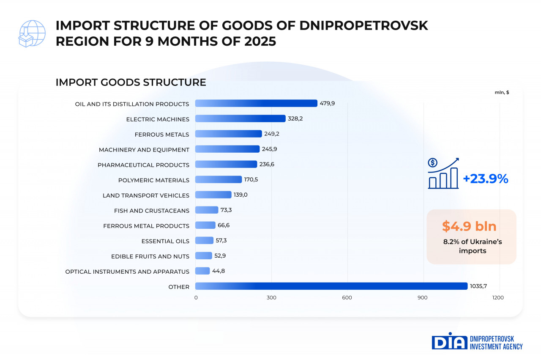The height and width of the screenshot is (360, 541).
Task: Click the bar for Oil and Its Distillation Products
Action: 256,103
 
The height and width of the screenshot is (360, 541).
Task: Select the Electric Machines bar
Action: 240,118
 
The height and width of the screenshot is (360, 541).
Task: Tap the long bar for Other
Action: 331,286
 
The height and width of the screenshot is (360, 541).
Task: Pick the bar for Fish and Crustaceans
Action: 207,210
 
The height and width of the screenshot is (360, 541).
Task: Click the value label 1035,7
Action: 478,286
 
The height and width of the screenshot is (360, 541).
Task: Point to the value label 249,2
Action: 272,134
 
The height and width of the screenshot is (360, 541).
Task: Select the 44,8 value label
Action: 218,271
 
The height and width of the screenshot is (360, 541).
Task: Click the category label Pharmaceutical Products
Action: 143,165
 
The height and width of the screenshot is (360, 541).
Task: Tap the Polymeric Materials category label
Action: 154,180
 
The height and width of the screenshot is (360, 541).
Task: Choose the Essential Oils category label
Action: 165,241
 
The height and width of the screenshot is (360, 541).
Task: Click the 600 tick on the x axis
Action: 347,298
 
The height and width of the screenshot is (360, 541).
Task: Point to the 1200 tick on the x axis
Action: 498,298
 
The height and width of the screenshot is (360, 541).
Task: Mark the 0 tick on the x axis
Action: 196,298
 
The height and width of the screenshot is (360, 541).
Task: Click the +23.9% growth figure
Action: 485,179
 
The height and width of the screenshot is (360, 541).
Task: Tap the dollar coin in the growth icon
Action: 432,162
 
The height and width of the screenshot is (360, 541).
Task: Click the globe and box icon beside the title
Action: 32,33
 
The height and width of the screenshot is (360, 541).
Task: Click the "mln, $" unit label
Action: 502,92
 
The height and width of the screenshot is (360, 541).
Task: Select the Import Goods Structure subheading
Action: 131,82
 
